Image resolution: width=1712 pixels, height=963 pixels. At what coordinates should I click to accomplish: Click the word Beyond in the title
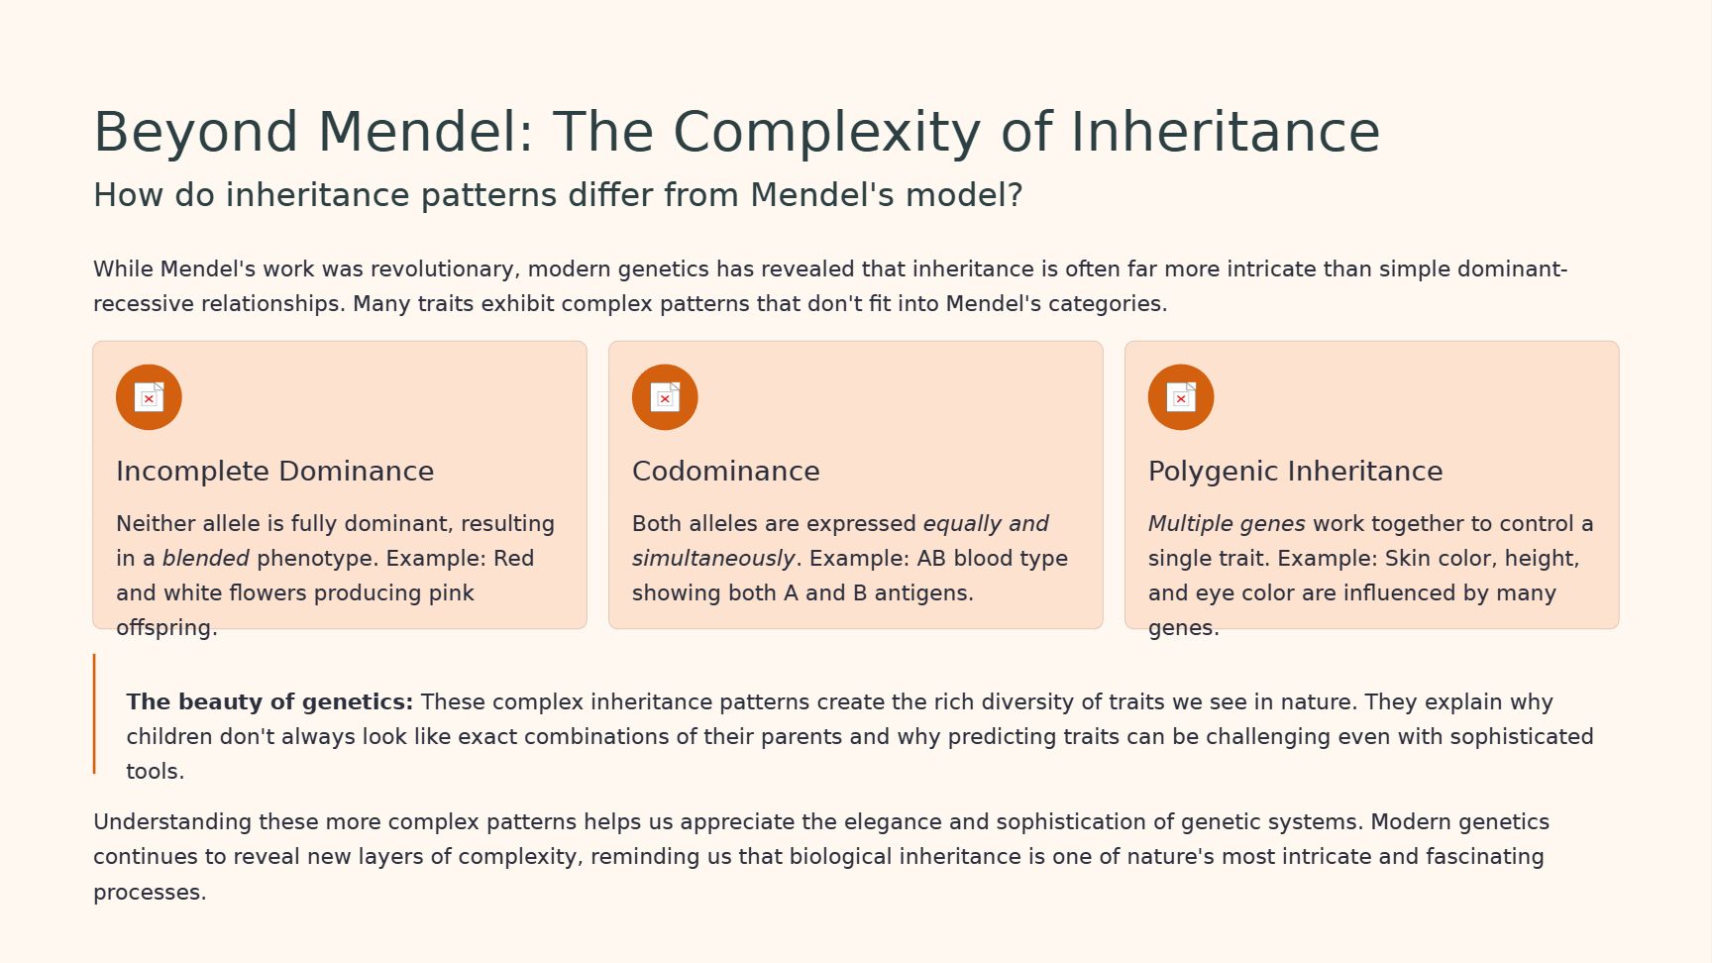tap(196, 133)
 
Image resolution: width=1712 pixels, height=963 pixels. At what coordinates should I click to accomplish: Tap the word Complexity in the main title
tap(827, 133)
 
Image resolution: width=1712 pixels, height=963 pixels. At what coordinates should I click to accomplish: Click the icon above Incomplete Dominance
tap(149, 397)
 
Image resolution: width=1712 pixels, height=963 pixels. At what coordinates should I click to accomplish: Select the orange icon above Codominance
tap(665, 397)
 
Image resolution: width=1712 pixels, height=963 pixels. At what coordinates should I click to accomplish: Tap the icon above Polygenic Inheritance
tap(1181, 397)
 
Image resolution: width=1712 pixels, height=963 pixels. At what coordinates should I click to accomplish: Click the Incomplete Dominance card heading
tap(275, 472)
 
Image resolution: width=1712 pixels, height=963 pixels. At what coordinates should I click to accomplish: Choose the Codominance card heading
tap(726, 472)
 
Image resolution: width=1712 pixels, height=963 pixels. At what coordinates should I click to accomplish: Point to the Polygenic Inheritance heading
tap(1295, 472)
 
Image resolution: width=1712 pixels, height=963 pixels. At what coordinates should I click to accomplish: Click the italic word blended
tap(206, 559)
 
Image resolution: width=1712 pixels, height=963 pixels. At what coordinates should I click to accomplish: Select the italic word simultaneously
tap(713, 559)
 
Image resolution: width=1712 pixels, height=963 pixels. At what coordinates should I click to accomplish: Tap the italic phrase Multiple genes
tap(1227, 524)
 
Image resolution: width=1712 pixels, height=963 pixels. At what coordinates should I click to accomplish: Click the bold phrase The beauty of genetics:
tap(269, 702)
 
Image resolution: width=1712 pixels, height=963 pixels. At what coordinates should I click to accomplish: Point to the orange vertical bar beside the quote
tap(94, 713)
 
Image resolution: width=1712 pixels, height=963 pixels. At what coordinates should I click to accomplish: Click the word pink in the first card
tap(452, 593)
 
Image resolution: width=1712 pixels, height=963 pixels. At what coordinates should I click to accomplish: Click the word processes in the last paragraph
tap(150, 893)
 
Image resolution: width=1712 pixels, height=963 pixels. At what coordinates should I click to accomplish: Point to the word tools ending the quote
tap(156, 772)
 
